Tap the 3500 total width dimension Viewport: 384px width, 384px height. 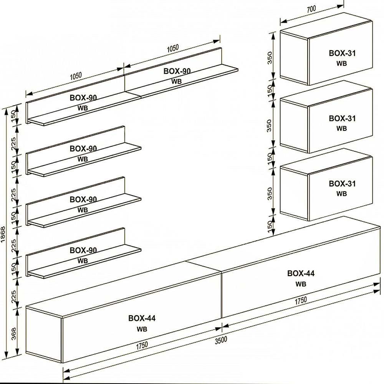point(221,339)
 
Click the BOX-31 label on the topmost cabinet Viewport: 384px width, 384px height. point(342,53)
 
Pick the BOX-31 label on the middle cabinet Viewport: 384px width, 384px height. point(342,118)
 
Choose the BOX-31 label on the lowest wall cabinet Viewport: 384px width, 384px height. point(342,184)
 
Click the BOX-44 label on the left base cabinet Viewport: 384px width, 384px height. point(142,318)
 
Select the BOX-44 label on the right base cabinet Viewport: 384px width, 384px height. point(301,273)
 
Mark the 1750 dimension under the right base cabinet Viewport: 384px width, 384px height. point(301,300)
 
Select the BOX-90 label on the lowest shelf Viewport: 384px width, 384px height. point(83,250)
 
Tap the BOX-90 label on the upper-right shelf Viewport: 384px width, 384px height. point(177,71)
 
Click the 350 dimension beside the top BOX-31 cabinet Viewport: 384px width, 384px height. point(270,57)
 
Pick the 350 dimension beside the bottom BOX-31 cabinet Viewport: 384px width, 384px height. point(270,193)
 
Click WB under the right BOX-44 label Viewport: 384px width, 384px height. point(301,284)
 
